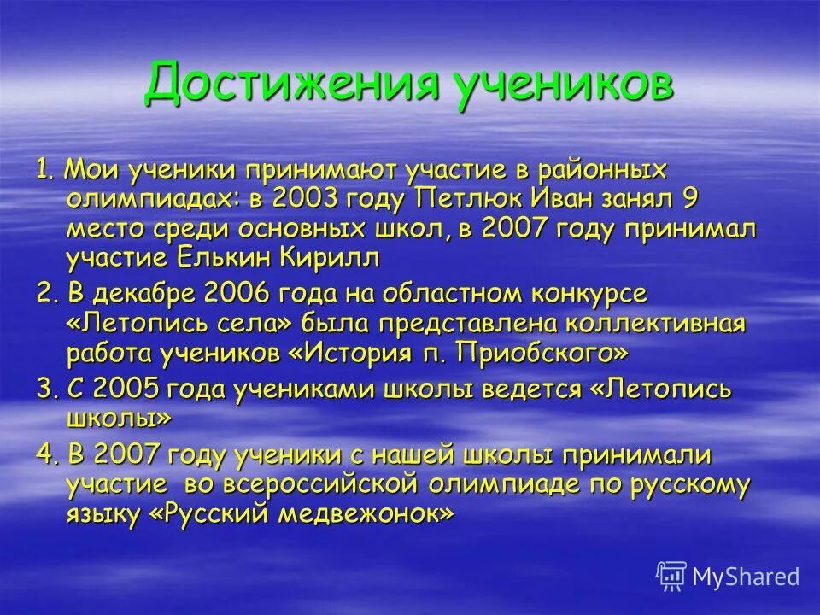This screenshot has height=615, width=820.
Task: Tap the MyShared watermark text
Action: click(x=746, y=576)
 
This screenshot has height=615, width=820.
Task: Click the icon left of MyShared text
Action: click(x=671, y=576)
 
